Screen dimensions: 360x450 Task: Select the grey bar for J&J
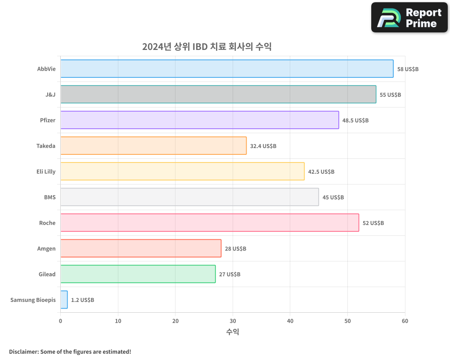218,94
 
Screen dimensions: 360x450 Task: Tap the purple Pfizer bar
199,120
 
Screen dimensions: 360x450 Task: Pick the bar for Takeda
153,146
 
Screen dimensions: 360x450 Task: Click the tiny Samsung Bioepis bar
64,300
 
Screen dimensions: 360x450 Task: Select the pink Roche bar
210,223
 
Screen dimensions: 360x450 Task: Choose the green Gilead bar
138,274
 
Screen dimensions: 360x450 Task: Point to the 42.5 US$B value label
321,172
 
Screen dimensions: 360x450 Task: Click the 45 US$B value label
333,198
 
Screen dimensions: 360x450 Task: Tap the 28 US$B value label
235,249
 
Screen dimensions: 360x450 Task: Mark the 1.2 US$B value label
82,300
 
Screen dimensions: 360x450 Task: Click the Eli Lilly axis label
46,171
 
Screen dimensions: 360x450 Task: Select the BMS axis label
49,197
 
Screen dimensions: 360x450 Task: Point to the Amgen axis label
46,248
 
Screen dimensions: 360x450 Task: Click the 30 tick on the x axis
233,321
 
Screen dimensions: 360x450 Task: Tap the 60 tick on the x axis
405,321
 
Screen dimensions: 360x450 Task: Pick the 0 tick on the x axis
61,321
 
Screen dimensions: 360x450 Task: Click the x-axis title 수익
233,332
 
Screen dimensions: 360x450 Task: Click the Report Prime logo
409,18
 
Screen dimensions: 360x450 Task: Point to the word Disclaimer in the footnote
23,351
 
